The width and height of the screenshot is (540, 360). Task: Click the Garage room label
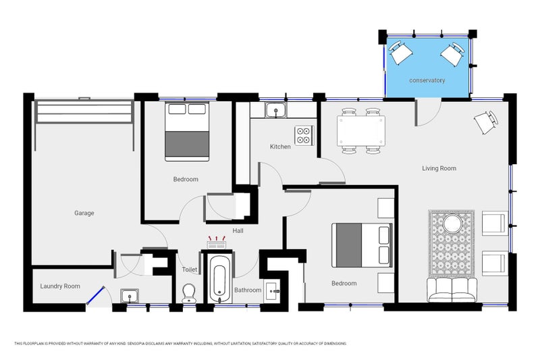[84, 213]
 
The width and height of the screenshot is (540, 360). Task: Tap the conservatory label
[427, 80]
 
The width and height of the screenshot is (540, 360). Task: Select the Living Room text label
[439, 168]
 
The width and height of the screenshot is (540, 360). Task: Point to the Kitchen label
[280, 147]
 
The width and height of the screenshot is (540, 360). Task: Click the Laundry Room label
[60, 286]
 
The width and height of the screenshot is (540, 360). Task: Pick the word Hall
[238, 230]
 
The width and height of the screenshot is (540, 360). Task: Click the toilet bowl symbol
[189, 294]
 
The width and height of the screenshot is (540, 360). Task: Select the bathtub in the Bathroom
[219, 279]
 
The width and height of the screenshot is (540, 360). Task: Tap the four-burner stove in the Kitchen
[304, 135]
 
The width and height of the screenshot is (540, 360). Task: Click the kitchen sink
[276, 110]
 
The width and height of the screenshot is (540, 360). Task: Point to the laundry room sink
[130, 296]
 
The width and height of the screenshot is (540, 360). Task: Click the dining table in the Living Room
[361, 131]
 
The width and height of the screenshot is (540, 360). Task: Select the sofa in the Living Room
[452, 290]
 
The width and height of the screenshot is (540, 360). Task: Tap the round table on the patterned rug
[452, 224]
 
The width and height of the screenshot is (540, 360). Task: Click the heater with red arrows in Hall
[216, 242]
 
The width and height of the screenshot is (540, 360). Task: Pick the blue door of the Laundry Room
[95, 295]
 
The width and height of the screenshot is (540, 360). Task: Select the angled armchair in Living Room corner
[486, 122]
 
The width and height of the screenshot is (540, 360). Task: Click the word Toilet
[190, 269]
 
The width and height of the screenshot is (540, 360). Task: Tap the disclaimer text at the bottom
[180, 344]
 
